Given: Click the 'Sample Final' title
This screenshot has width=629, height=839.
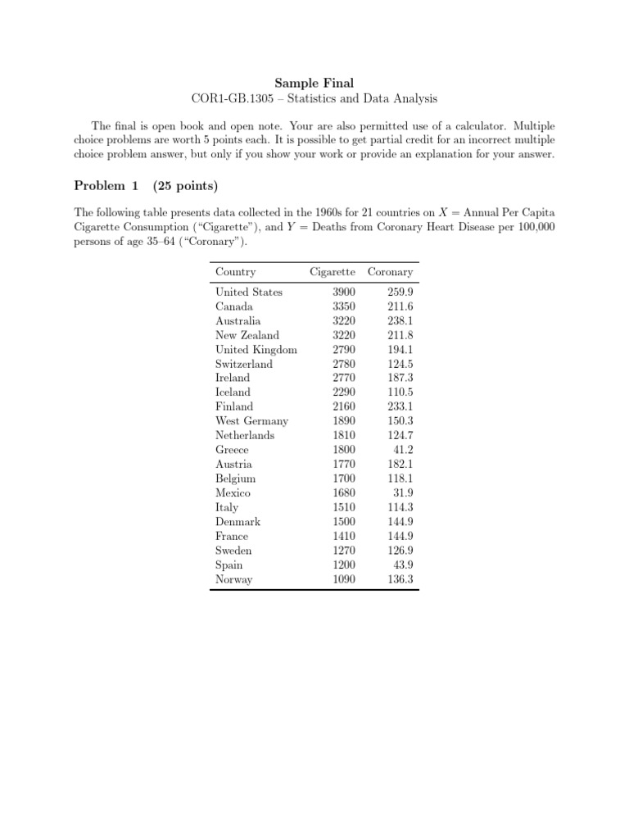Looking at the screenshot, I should click(314, 83).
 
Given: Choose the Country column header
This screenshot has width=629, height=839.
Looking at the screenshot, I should click(235, 272).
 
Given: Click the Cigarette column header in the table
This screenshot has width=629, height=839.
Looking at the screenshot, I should click(333, 272).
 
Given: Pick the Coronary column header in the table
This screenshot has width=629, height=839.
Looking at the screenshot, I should click(391, 272).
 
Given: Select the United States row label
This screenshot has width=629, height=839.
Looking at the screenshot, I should click(249, 292).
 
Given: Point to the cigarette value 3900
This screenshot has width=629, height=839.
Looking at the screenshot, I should click(344, 292).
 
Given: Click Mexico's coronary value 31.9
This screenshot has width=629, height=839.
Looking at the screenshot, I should click(403, 493).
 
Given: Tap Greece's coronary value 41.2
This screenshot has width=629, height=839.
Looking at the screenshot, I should click(403, 450).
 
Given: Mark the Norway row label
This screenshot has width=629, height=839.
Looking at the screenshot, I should click(233, 579).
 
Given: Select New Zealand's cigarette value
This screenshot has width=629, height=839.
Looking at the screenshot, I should click(344, 335).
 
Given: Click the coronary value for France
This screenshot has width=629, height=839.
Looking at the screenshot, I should click(400, 536).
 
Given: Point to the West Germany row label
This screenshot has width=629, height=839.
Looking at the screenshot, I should click(251, 421).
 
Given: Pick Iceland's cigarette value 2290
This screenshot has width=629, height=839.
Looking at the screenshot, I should click(344, 392).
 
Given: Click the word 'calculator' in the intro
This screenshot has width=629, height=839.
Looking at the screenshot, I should click(465, 126).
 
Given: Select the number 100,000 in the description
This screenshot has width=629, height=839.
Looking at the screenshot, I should click(536, 227).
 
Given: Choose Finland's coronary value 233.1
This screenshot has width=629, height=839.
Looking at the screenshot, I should click(400, 406).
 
